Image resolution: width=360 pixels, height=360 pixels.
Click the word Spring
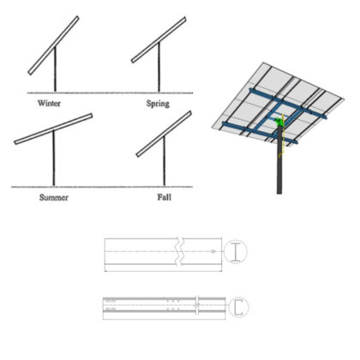pyautogui.click(x=156, y=104)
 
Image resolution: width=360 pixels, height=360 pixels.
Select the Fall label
pyautogui.click(x=164, y=196)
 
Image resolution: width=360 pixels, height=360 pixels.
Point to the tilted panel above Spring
pyautogui.click(x=159, y=40)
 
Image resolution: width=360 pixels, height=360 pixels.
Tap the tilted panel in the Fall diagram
pyautogui.click(x=163, y=134)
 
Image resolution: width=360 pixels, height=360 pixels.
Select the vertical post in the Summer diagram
pyautogui.click(x=52, y=159)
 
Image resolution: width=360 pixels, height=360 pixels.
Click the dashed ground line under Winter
pyautogui.click(x=51, y=92)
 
